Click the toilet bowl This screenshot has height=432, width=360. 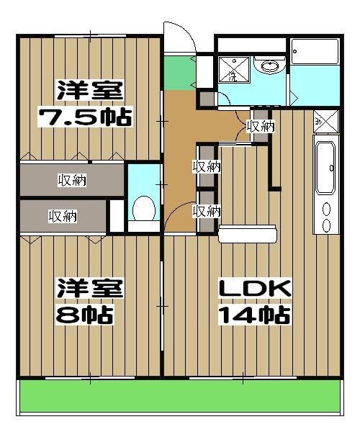[x=144, y=208]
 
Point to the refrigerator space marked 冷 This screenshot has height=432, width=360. [x=325, y=120]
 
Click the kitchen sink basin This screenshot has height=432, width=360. [x=325, y=167]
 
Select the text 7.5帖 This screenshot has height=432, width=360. [x=84, y=117]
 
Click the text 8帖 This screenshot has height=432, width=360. [x=84, y=314]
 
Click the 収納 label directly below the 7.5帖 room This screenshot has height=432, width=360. [x=72, y=180]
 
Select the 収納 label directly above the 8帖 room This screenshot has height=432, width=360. [x=63, y=215]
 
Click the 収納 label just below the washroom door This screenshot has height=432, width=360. [x=261, y=127]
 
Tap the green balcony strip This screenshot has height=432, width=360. [x=180, y=396]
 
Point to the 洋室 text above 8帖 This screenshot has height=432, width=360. [x=90, y=289]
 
